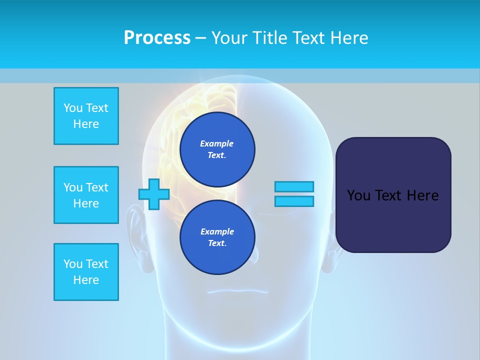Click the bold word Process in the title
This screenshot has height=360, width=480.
pyautogui.click(x=157, y=37)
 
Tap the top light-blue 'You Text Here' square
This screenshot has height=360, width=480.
pyautogui.click(x=86, y=116)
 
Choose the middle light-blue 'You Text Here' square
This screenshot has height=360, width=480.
pyautogui.click(x=86, y=195)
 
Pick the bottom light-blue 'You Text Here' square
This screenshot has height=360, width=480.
pyautogui.click(x=86, y=272)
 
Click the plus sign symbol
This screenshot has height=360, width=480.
pyautogui.click(x=154, y=194)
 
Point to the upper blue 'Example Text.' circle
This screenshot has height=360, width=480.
pyautogui.click(x=217, y=149)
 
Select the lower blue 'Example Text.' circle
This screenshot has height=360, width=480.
pyautogui.click(x=217, y=237)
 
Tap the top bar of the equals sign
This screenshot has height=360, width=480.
pyautogui.click(x=294, y=187)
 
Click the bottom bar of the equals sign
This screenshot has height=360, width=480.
pyautogui.click(x=294, y=201)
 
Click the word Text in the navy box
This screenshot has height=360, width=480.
pyautogui.click(x=386, y=195)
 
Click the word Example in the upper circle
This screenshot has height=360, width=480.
pyautogui.click(x=217, y=143)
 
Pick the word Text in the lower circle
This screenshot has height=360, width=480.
pyautogui.click(x=215, y=243)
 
